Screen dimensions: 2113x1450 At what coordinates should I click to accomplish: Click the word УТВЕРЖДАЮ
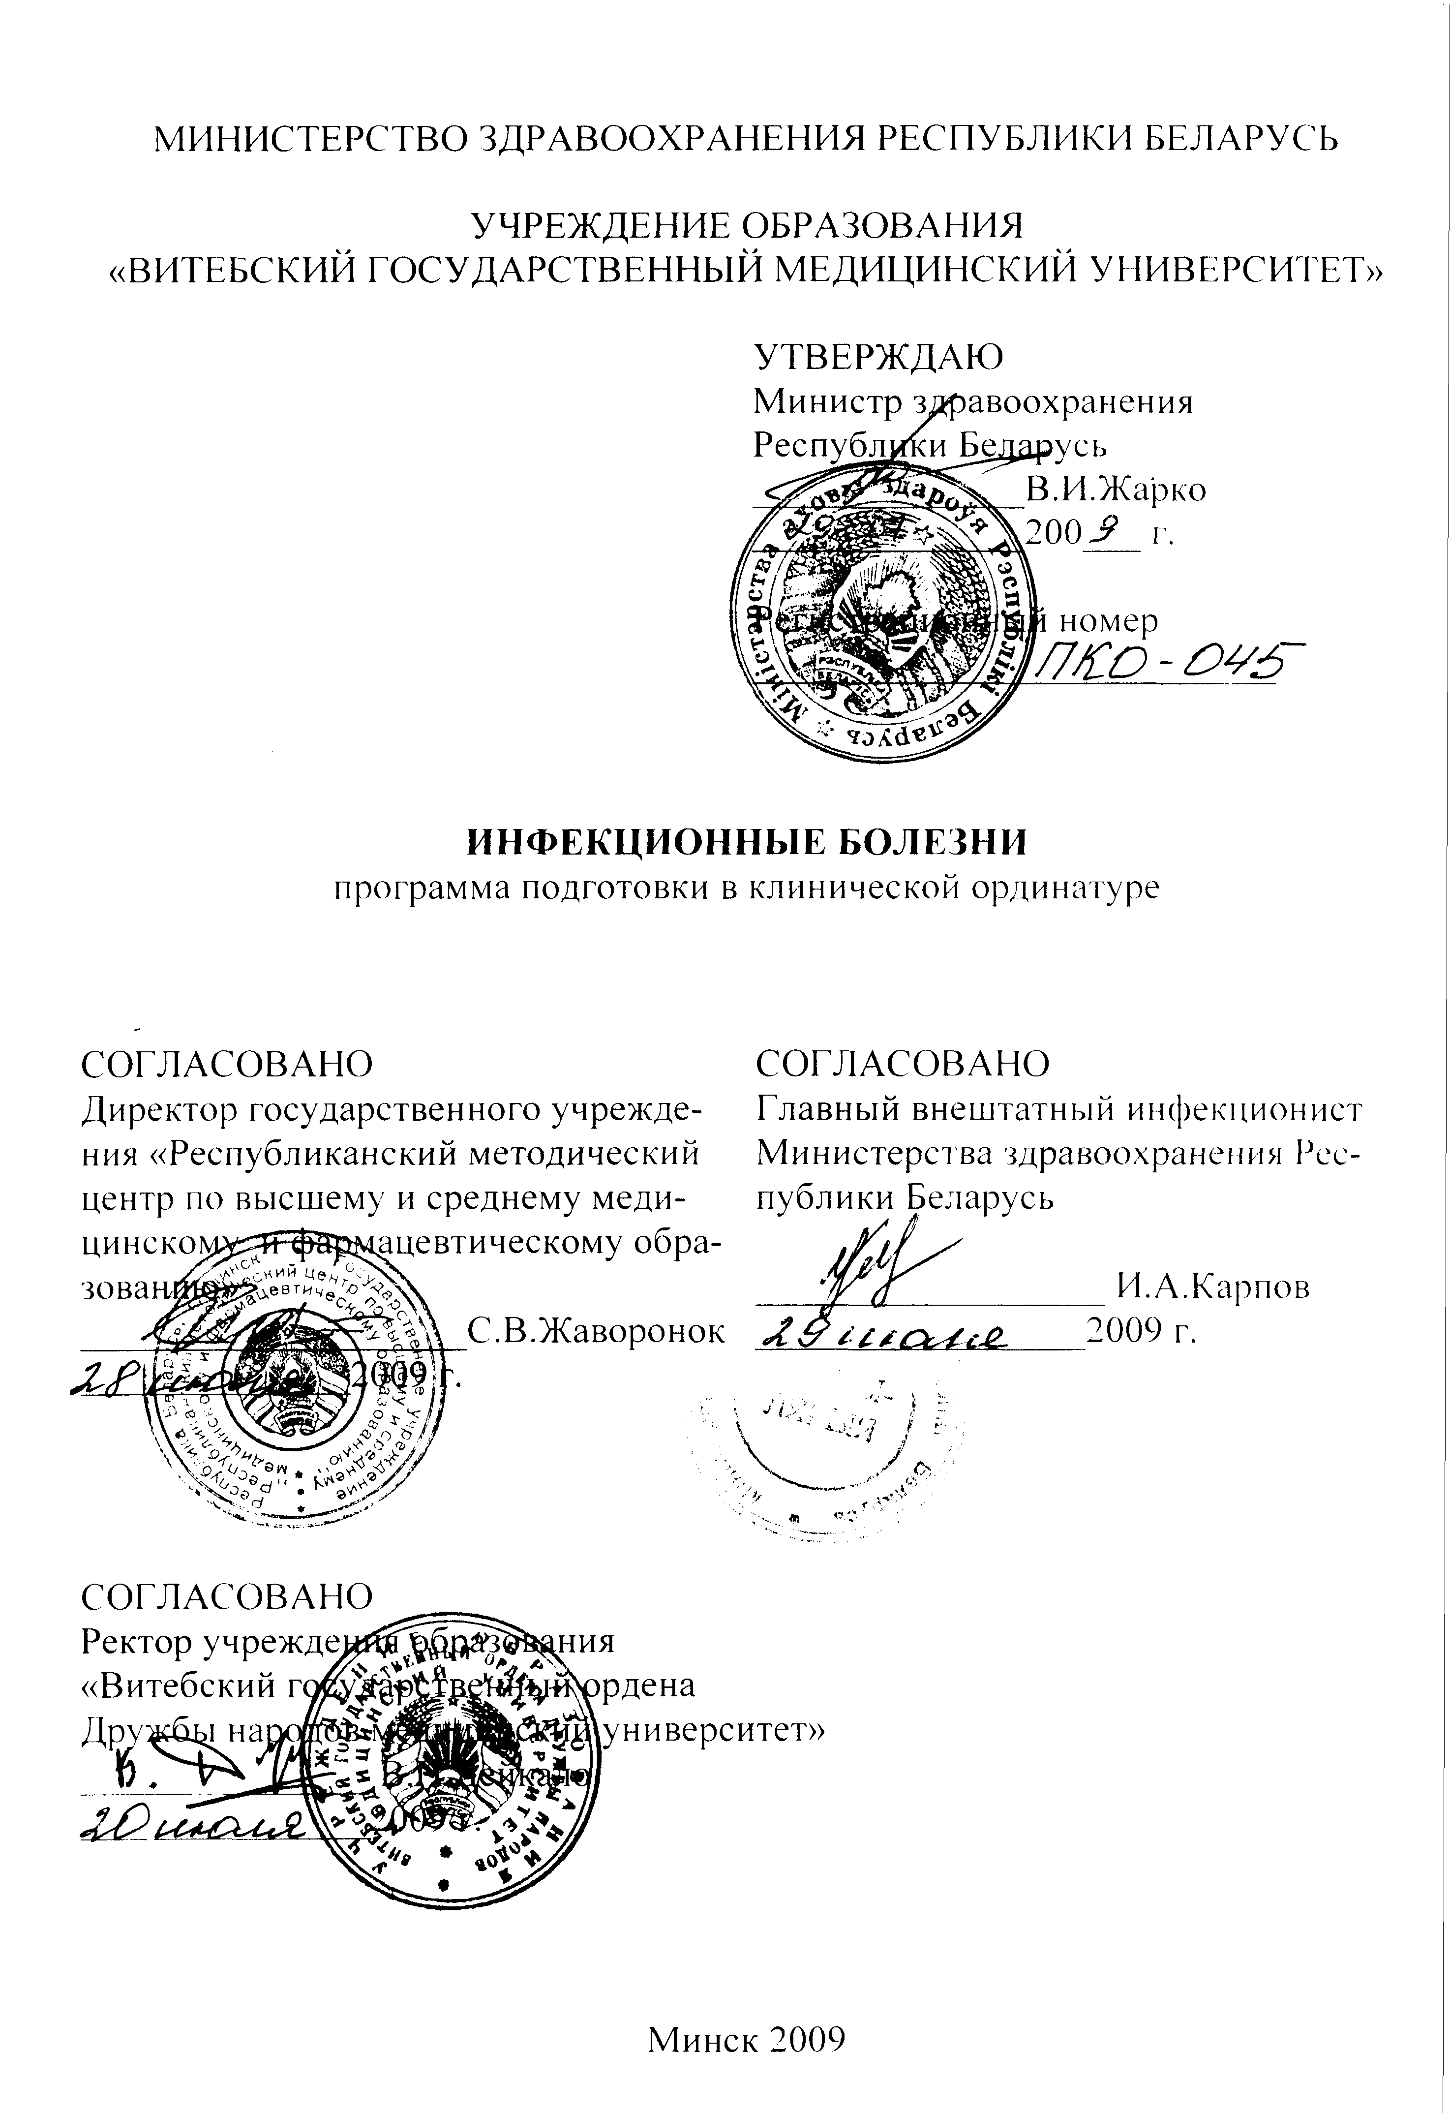[879, 356]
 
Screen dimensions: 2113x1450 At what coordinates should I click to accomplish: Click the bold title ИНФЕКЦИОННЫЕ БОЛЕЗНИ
[746, 841]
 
